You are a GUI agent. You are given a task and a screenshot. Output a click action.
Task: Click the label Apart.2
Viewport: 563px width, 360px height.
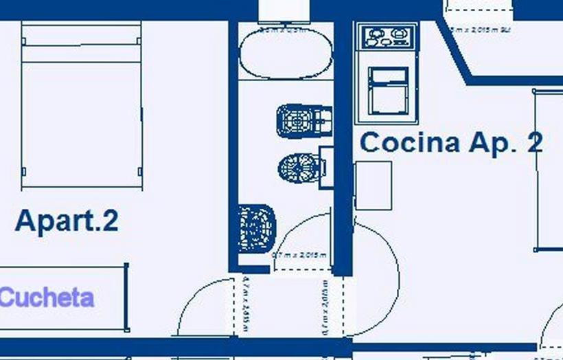click(67, 221)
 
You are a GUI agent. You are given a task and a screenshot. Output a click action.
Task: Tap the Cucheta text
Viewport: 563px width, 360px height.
click(47, 298)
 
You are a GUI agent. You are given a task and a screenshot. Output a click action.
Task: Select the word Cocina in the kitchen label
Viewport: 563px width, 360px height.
click(410, 143)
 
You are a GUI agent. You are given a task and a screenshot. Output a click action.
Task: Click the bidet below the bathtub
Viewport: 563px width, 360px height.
click(302, 122)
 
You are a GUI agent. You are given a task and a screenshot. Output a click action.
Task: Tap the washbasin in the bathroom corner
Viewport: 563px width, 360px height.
click(257, 227)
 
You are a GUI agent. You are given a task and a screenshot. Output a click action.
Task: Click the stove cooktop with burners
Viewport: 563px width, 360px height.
click(386, 36)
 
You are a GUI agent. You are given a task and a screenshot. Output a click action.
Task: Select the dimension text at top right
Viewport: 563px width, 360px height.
click(481, 30)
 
